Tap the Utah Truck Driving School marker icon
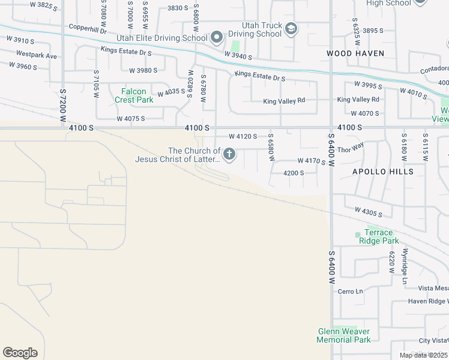point(291,29)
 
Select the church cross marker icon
point(229,155)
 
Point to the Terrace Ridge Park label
point(379,236)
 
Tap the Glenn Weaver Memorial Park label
point(344,335)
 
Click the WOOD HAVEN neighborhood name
point(355,53)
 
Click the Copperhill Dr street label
point(87,28)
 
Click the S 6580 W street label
point(271,150)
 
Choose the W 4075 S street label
point(131,119)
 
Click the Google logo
point(20,353)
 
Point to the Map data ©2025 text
point(423,355)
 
